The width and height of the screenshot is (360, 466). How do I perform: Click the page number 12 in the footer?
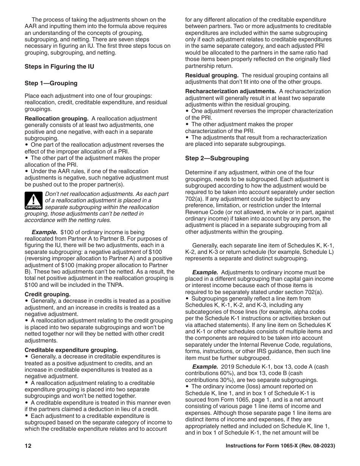pos(28,446)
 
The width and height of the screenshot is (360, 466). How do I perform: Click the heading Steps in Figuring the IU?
pos(59,67)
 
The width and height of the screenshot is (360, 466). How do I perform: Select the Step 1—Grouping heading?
pos(51,83)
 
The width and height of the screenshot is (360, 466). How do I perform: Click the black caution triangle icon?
pos(33,201)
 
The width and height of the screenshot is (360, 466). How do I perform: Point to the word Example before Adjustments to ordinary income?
pos(205,272)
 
